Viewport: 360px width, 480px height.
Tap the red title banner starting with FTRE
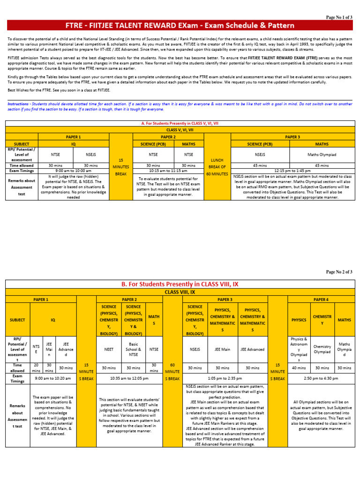click(x=180, y=25)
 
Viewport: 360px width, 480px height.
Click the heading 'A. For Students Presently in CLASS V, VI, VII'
click(x=180, y=123)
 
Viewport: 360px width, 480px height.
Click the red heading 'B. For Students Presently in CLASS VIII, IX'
click(x=180, y=284)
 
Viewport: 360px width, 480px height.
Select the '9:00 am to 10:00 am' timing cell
click(x=73, y=171)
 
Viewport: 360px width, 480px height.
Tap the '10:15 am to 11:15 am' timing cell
click(x=168, y=171)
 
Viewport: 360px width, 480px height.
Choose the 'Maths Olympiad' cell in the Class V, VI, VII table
click(x=322, y=154)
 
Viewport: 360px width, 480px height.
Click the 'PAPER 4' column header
click(x=320, y=299)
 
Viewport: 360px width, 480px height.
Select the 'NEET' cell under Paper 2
click(x=109, y=349)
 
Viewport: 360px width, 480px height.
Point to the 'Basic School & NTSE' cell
click(x=133, y=349)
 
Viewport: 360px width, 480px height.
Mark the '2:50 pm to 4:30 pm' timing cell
click(x=320, y=377)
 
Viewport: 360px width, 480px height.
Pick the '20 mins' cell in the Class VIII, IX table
click(x=36, y=368)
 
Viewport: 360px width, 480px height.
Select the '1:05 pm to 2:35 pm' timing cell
click(x=225, y=377)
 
